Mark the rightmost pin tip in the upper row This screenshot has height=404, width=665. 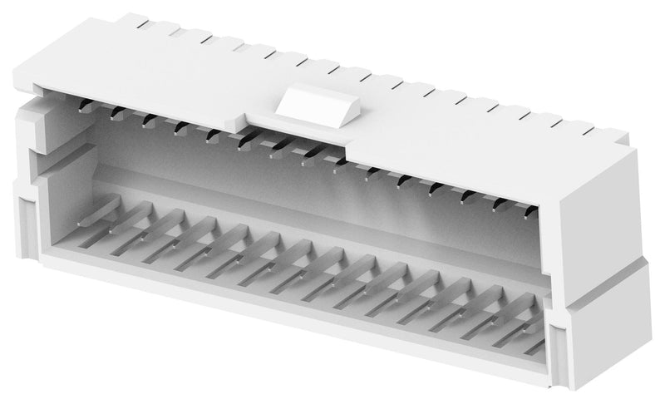pos(528,215)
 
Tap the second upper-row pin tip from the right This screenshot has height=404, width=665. pos(497,206)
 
